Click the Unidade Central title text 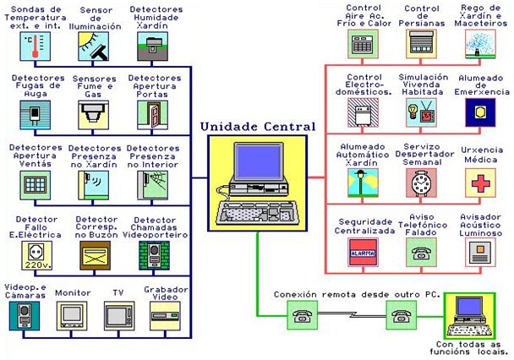click(257, 127)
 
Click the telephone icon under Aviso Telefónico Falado click(420, 250)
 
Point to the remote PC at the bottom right click(467, 316)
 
